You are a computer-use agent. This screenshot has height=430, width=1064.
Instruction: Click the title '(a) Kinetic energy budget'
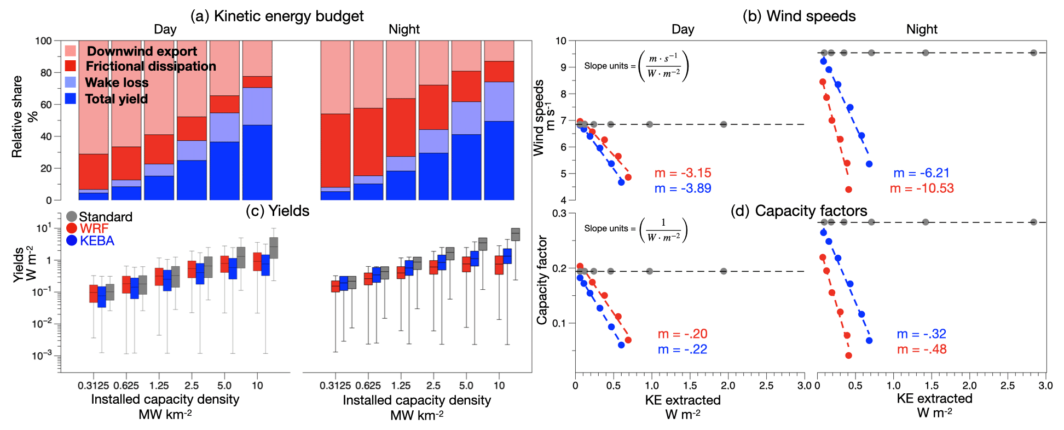[277, 16]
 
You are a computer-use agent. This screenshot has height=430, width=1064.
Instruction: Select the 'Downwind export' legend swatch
[71, 51]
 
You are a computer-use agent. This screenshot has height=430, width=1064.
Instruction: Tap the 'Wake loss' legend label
[117, 83]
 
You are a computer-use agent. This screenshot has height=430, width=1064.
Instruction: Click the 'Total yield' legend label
[117, 99]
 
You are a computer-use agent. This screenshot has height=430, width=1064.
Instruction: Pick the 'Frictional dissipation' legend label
[151, 66]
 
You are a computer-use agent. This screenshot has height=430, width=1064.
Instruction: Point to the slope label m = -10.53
[922, 188]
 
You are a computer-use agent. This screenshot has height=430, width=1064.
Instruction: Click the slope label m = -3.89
[683, 188]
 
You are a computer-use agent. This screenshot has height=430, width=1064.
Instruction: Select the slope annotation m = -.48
[922, 349]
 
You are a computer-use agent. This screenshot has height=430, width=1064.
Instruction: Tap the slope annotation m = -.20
[683, 334]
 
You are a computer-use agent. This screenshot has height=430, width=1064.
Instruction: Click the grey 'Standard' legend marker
[72, 217]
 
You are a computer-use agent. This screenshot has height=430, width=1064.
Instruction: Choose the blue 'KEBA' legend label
[97, 241]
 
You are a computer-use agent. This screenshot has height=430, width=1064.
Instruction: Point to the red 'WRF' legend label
[94, 229]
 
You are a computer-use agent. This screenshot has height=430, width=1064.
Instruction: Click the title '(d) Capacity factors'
[799, 211]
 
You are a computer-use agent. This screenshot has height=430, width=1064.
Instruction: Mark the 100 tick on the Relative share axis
[44, 41]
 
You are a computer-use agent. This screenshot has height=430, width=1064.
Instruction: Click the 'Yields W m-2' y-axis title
[25, 265]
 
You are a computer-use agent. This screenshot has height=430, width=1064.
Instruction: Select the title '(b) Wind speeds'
[799, 16]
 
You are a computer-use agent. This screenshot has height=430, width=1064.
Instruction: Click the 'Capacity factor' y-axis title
[542, 279]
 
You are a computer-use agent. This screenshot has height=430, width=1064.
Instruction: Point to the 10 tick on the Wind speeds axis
[561, 41]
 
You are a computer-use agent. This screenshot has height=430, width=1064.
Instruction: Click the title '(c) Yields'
[277, 211]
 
